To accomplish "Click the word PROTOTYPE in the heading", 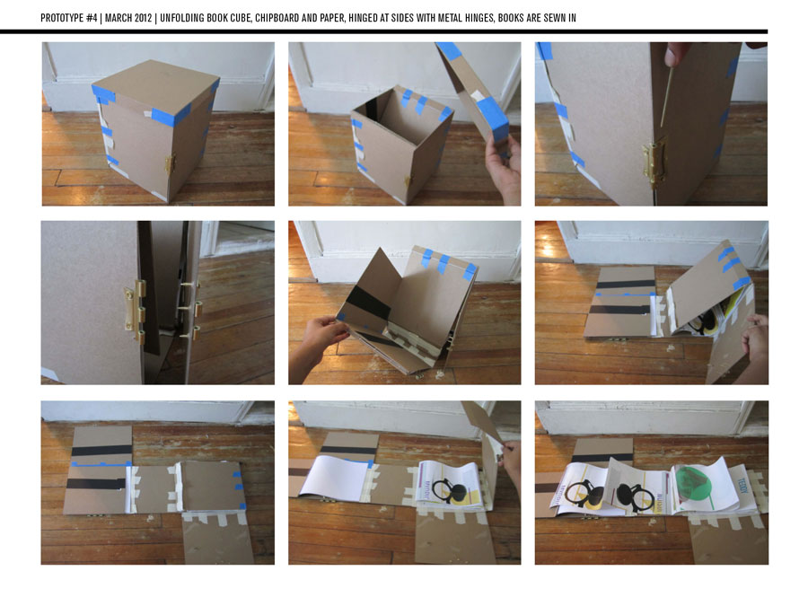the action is pos(62,18).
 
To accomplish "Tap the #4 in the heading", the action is pos(92,18).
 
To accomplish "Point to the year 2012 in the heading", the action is pos(144,18).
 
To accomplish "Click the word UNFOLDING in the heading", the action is pos(182,18).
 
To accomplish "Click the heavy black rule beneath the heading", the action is pos(384,32).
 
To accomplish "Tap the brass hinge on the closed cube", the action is pos(169,163).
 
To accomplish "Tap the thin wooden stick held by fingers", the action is pos(665,96).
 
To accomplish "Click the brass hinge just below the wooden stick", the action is pos(653,161).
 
